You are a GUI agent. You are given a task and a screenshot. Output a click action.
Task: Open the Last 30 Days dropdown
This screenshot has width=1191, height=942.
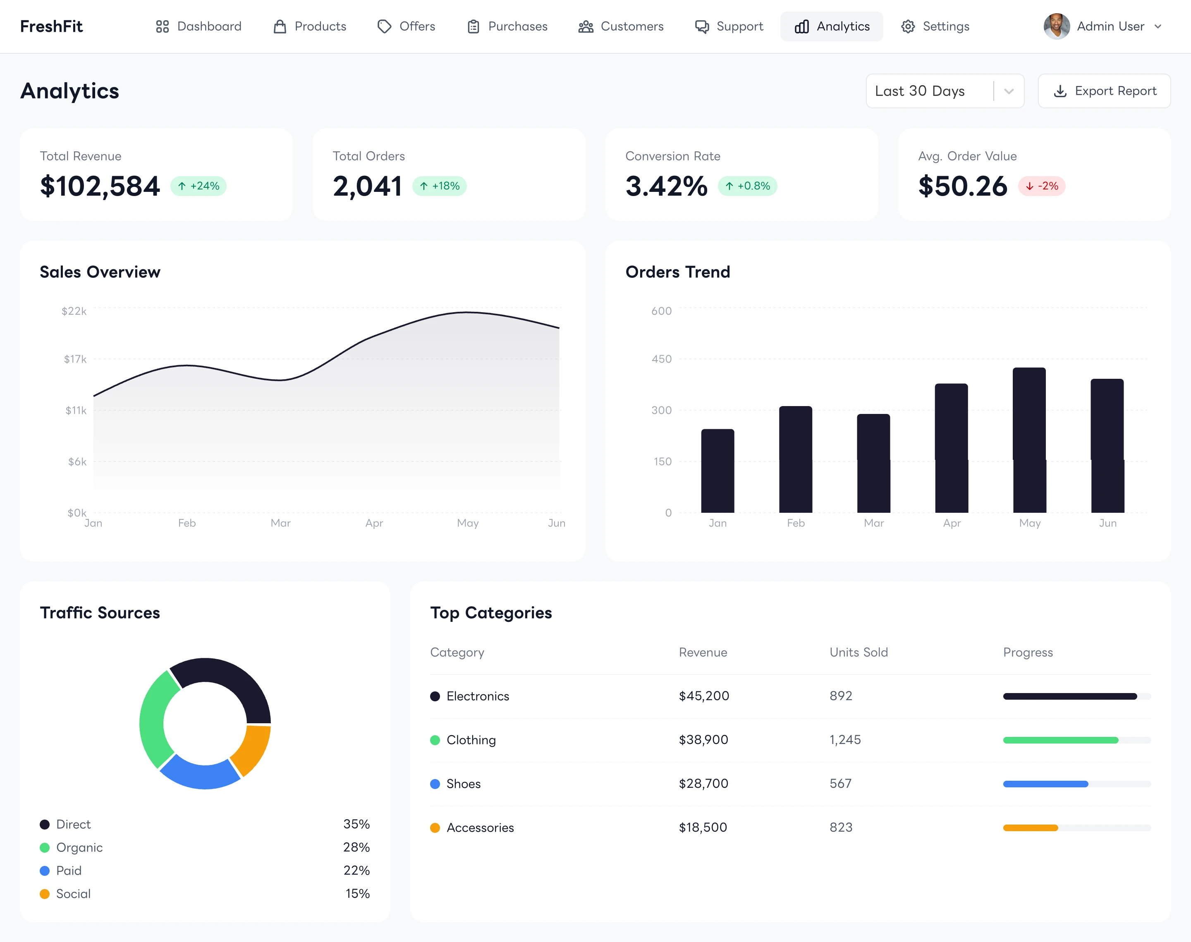[x=945, y=91]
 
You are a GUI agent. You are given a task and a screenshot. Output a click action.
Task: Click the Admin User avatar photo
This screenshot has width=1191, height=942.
[x=1056, y=26]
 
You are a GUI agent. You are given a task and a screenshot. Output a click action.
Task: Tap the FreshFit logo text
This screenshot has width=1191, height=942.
[x=51, y=26]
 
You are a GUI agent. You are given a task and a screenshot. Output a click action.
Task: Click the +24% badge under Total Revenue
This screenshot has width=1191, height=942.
[x=198, y=186]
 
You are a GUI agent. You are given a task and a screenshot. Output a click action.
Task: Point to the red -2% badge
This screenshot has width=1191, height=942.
[x=1042, y=186]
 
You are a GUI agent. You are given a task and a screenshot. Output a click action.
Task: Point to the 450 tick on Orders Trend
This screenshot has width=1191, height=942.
[x=661, y=359]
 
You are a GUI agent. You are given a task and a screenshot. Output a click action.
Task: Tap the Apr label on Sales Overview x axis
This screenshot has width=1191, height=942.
[x=374, y=523]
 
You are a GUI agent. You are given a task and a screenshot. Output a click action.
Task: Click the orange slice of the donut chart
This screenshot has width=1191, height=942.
[x=252, y=750]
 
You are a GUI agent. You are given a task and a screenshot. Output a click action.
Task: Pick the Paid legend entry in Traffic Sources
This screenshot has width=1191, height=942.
[x=68, y=870]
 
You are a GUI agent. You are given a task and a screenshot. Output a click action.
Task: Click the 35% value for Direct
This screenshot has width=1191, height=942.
[x=356, y=824]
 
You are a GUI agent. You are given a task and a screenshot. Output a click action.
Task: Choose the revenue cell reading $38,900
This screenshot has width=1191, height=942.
[x=703, y=740]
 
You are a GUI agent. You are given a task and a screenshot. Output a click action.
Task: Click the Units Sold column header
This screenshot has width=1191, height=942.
[x=859, y=653]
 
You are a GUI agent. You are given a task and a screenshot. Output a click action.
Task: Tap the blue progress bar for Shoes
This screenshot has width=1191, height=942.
[x=1045, y=784]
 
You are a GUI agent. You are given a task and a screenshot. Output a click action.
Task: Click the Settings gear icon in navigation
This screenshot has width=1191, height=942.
[x=908, y=26]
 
